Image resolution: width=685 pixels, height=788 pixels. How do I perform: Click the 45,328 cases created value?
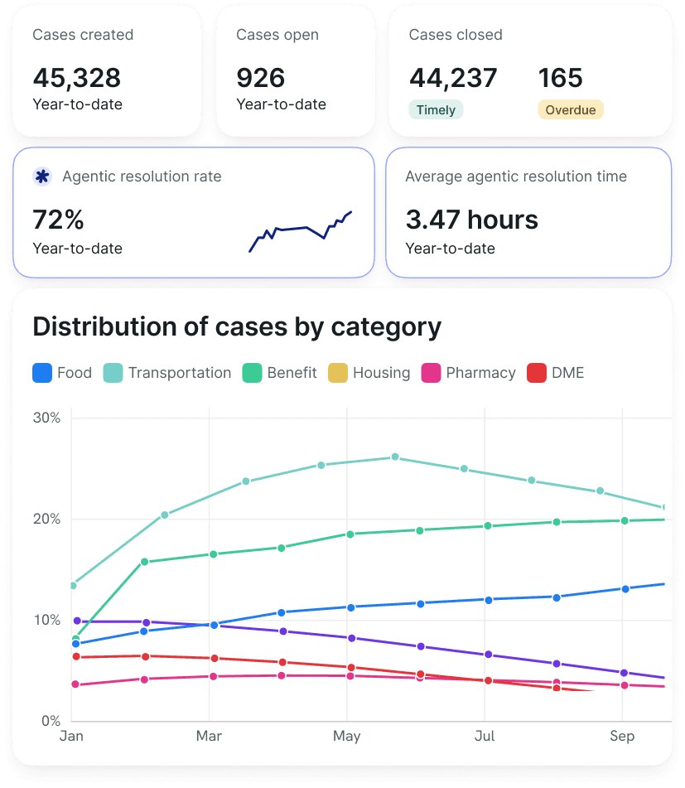77,79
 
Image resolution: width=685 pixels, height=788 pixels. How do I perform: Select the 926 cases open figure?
261,79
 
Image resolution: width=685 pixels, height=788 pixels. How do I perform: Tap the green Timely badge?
436,110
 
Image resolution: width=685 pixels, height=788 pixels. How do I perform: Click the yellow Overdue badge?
571,110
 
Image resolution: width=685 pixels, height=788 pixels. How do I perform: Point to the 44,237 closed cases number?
453,79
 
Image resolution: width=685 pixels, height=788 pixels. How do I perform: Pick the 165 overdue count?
561,79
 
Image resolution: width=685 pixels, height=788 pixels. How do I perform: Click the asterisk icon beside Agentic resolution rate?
42,176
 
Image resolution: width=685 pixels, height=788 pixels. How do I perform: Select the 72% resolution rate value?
58,220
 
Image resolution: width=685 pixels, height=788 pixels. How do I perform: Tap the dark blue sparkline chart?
301,231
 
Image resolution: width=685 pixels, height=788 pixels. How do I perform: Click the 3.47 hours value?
471,220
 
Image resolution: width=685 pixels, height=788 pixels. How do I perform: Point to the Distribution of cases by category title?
237,327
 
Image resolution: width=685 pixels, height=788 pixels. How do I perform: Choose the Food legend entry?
62,373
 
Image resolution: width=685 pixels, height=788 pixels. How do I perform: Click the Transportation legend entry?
167,373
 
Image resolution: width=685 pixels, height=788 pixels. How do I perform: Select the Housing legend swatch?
338,373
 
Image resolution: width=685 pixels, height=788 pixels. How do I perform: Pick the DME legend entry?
556,373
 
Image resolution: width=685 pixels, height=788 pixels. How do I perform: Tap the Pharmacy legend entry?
470,373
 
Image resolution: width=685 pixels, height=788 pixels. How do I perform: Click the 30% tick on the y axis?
47,418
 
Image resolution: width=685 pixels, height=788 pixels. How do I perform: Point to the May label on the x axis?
347,737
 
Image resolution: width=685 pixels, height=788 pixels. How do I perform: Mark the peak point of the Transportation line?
395,457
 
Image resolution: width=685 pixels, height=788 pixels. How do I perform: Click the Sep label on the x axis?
622,737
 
